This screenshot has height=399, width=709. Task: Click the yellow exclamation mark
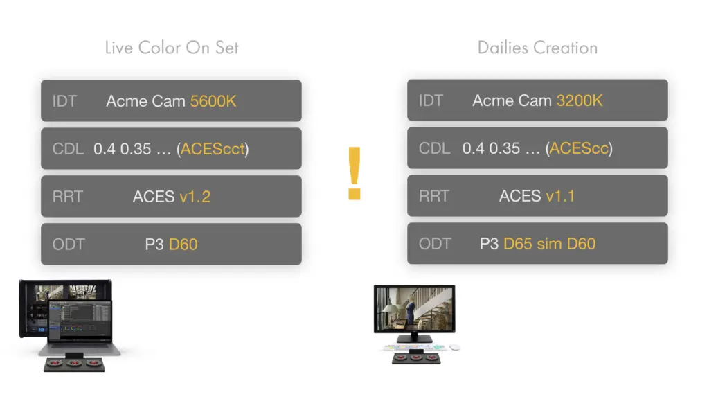click(x=354, y=172)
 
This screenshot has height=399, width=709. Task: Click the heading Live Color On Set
click(x=172, y=48)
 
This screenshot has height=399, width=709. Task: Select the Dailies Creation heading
click(x=537, y=48)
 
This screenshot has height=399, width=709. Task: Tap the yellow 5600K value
click(x=213, y=101)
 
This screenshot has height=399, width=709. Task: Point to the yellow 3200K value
click(x=580, y=100)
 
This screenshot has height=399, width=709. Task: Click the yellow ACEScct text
click(x=213, y=149)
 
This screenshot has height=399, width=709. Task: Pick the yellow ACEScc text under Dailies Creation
click(x=579, y=148)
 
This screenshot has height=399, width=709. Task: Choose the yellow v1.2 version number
click(x=195, y=197)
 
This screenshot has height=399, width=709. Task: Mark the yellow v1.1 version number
click(x=560, y=196)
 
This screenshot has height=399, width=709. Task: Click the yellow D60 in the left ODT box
click(x=183, y=245)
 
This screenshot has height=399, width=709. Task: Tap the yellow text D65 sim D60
click(x=549, y=244)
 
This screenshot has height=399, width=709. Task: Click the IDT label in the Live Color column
click(x=64, y=101)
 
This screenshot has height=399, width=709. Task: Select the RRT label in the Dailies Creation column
click(x=433, y=196)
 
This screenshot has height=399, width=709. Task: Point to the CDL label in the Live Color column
click(x=68, y=149)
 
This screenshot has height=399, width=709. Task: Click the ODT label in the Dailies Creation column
click(x=435, y=244)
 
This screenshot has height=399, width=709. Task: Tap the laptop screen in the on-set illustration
click(x=80, y=321)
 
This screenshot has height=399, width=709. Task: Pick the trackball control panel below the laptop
click(x=74, y=364)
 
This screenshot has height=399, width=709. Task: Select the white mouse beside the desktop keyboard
click(x=454, y=348)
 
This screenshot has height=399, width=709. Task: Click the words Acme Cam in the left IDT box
click(x=145, y=101)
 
